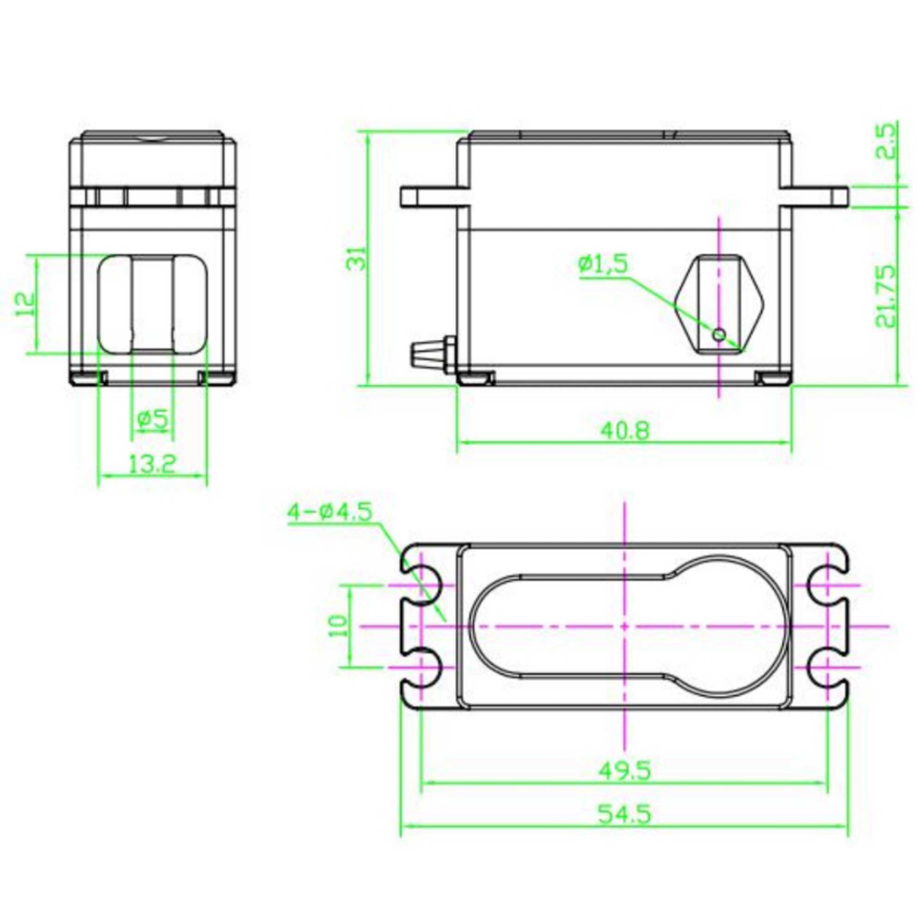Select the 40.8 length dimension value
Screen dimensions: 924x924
pyautogui.click(x=626, y=431)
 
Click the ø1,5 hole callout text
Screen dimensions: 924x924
pyautogui.click(x=602, y=264)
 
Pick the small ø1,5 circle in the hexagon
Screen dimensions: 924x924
pyautogui.click(x=719, y=334)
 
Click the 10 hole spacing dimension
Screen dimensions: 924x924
pyautogui.click(x=338, y=626)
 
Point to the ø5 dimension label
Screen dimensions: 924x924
pyautogui.click(x=152, y=419)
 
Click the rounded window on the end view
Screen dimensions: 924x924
pyautogui.click(x=152, y=304)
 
